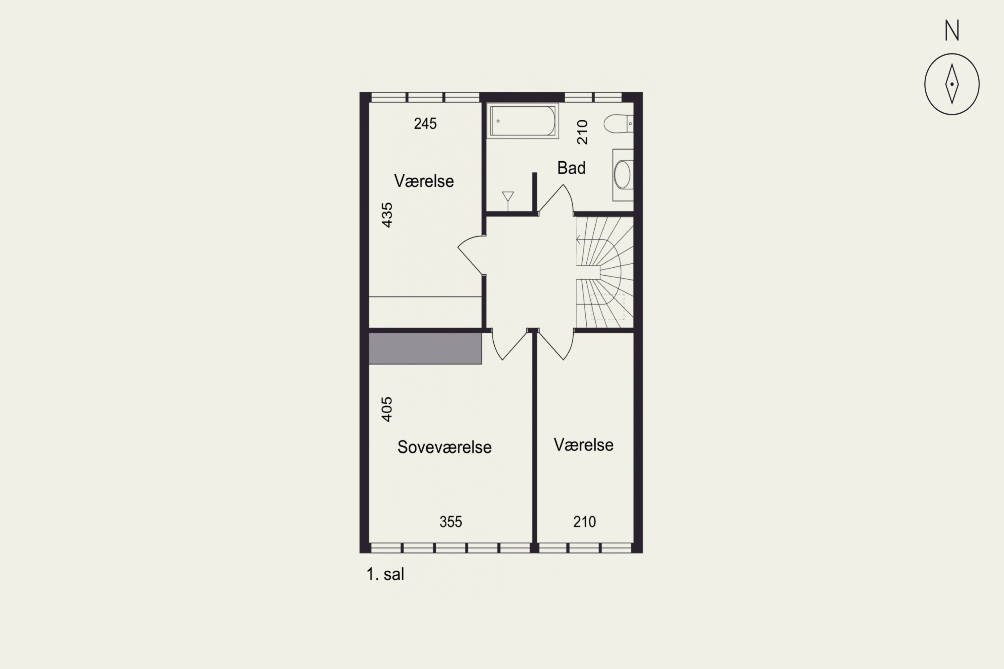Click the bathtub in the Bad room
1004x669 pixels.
pos(522,121)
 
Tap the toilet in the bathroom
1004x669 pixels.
pos(618,124)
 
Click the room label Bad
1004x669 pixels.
pos(571,168)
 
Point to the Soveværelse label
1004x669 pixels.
pos(444,447)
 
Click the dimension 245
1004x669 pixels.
pos(425,124)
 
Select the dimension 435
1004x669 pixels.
pos(387,215)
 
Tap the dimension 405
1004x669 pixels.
pos(387,409)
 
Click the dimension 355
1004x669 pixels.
pos(451,522)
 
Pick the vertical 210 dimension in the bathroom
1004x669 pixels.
pos(583,132)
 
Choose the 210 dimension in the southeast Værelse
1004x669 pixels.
pos(584,522)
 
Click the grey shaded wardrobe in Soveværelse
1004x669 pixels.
pos(425,349)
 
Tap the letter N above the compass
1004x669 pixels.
pos(952,31)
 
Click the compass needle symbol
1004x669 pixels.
pos(952,84)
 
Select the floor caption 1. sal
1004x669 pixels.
pos(385,574)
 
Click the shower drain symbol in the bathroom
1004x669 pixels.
pos(508,197)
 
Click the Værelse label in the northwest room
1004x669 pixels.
pos(424,181)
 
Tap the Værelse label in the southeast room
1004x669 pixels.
pos(584,445)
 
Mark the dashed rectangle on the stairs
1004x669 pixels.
pos(608,307)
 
